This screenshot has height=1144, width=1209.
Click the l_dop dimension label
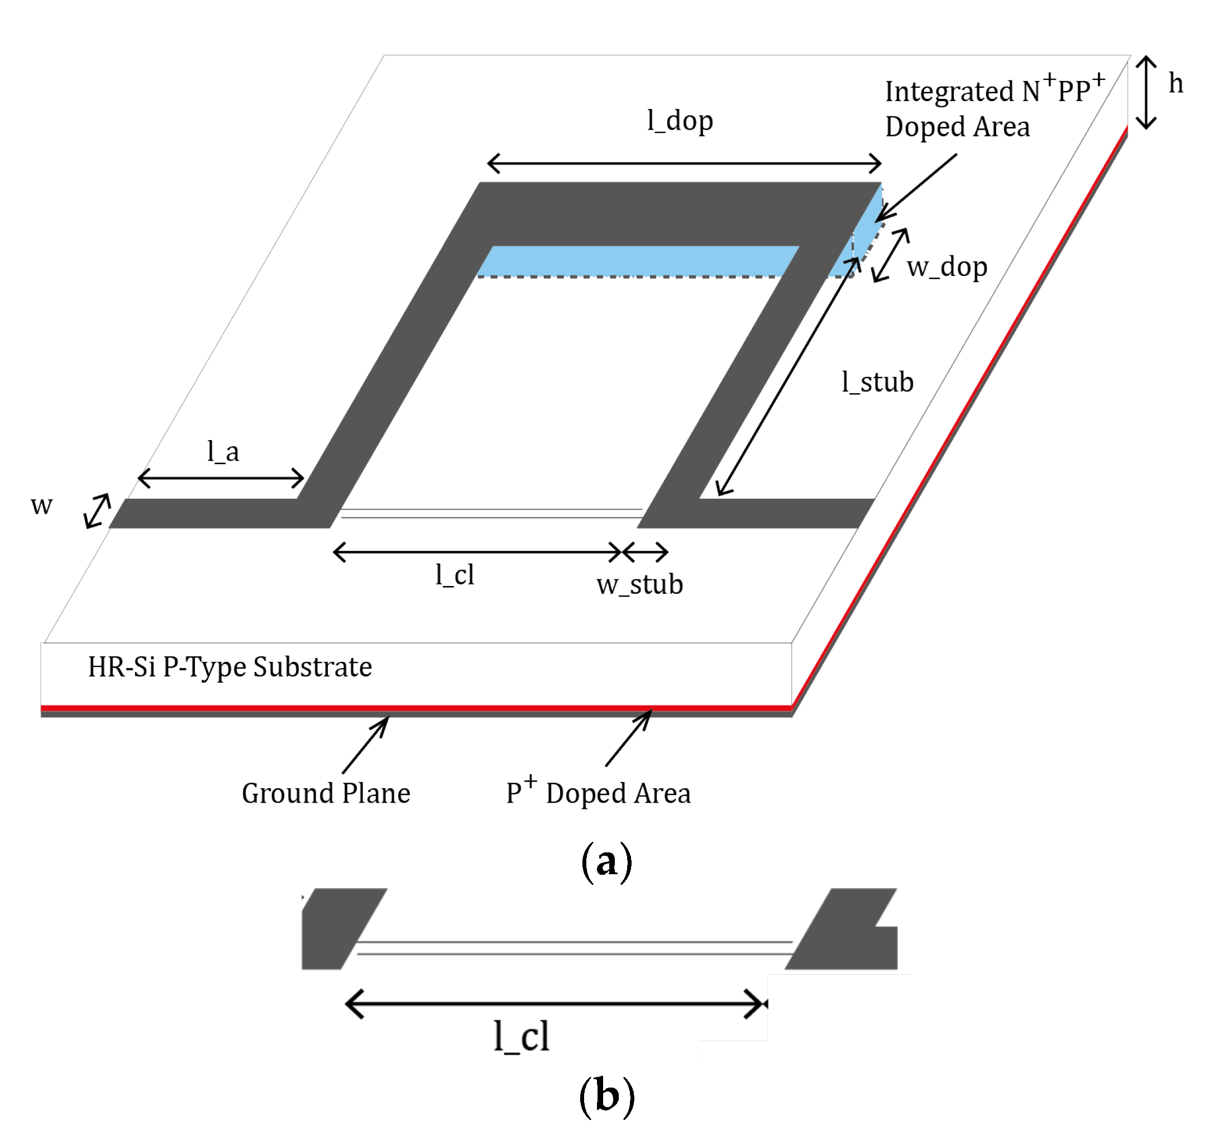tap(679, 121)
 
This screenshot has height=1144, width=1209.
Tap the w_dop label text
tap(946, 267)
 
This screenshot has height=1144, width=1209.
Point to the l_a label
tap(222, 452)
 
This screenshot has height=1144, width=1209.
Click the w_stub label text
tap(639, 585)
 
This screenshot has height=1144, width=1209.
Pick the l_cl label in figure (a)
tap(454, 575)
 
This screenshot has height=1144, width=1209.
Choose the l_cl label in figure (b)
tap(521, 1037)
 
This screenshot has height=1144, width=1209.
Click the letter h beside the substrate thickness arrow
tap(1175, 84)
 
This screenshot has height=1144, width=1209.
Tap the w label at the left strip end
tap(41, 505)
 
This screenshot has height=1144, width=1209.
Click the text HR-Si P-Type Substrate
tap(230, 666)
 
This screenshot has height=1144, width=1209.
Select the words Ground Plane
tap(326, 793)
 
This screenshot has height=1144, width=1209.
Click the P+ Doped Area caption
tap(598, 793)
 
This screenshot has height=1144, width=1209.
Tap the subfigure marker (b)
tap(606, 1096)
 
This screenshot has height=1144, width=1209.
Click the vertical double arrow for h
tap(1146, 93)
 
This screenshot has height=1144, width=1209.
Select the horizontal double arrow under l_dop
tap(684, 164)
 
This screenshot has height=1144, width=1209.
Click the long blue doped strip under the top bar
tap(637, 261)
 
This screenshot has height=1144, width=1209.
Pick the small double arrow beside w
tap(98, 511)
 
